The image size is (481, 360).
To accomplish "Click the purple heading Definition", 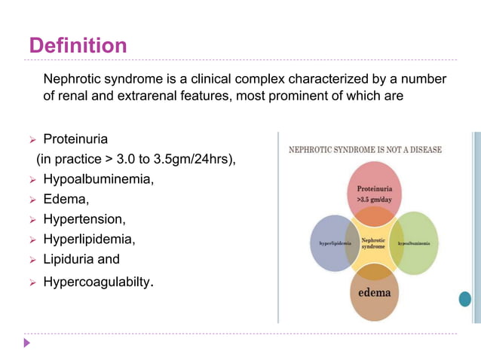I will point(78,46).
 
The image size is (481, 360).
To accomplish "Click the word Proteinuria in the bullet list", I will point(75,139).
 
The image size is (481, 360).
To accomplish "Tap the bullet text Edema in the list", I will point(66,200).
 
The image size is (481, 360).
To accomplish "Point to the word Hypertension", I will point(84,220).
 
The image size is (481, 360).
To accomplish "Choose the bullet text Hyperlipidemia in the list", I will point(89,239).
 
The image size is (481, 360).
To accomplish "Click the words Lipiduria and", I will point(81,260).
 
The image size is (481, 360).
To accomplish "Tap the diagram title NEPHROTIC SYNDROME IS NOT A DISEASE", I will point(366,150).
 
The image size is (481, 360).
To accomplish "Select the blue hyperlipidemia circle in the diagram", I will point(329,244).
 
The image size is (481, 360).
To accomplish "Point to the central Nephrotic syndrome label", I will point(373,243).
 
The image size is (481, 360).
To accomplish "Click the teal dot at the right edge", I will point(464,299).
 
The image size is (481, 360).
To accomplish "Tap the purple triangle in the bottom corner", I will point(27,343).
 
